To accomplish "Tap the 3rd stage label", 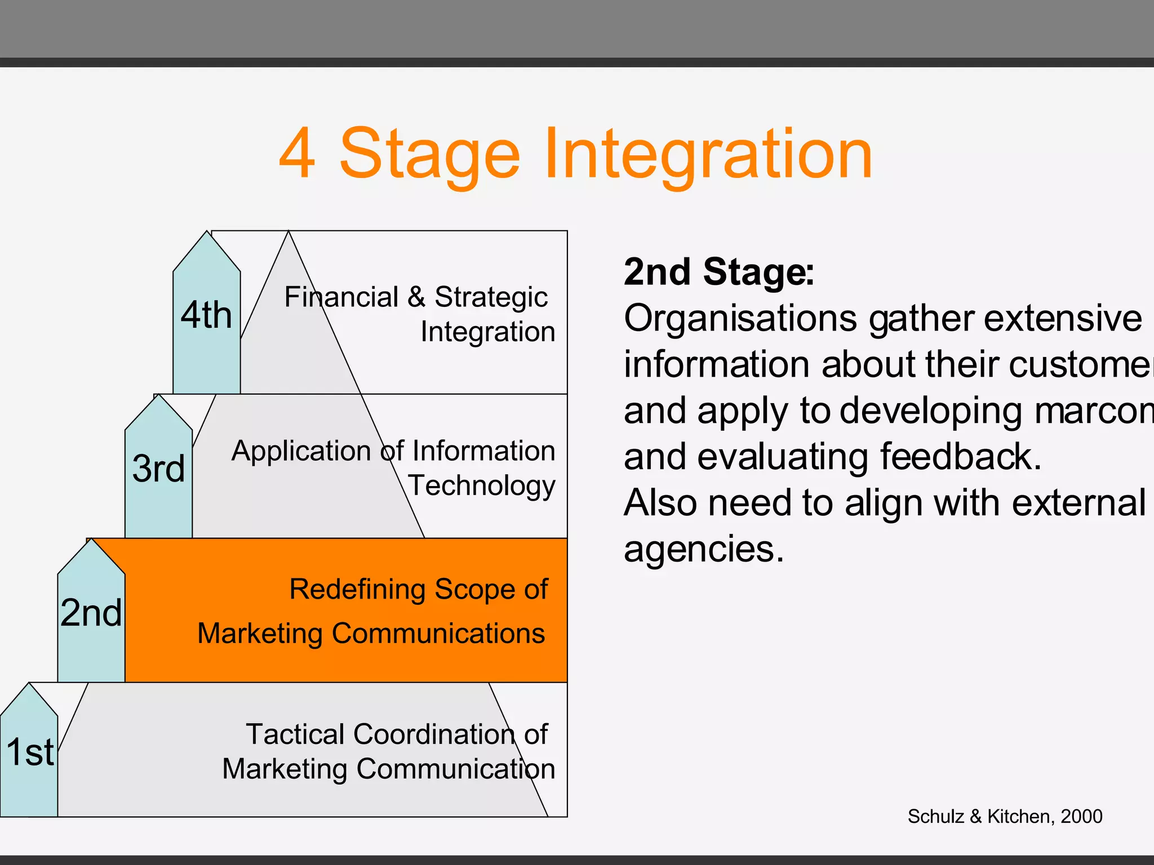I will coord(158,468).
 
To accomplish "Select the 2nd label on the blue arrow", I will coord(91,612).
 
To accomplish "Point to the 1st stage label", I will coord(30,752).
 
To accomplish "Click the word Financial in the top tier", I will coord(341,297).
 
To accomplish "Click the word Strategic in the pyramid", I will coord(490,297).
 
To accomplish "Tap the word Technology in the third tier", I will coord(482,485).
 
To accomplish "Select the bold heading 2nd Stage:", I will coord(718,272).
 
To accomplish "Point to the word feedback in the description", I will coord(960,457).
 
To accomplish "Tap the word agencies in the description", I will coord(703,550).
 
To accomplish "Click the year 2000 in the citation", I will coord(1081,817).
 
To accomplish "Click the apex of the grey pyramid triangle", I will coord(288,233).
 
